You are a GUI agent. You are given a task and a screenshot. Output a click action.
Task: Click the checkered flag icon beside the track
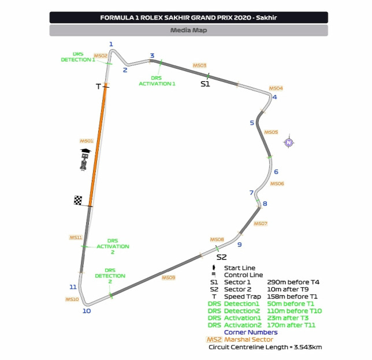78,200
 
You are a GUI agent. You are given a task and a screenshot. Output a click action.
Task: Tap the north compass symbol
289,142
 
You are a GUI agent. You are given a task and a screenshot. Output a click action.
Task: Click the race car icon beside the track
85,159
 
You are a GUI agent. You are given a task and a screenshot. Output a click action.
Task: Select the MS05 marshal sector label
271,132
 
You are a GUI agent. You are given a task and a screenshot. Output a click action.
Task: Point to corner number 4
274,97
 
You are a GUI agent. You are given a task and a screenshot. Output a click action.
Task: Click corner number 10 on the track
87,311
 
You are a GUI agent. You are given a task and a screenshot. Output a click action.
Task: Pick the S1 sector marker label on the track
205,84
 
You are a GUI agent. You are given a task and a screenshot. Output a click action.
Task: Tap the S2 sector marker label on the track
221,257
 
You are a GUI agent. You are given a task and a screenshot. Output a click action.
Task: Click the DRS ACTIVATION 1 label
157,81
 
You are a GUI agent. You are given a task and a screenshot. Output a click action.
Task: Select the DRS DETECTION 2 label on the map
110,276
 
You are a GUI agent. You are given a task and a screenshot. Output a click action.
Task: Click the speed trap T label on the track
98,87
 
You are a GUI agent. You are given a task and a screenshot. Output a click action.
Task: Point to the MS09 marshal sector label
169,277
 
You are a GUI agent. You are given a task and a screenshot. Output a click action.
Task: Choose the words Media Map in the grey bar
189,30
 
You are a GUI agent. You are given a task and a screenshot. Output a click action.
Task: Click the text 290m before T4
293,282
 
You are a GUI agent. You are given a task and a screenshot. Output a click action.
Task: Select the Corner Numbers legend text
251,332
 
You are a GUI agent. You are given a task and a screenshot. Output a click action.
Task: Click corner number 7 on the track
251,193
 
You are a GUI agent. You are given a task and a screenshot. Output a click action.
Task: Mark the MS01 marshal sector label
87,141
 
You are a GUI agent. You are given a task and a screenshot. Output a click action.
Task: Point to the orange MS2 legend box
214,339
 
